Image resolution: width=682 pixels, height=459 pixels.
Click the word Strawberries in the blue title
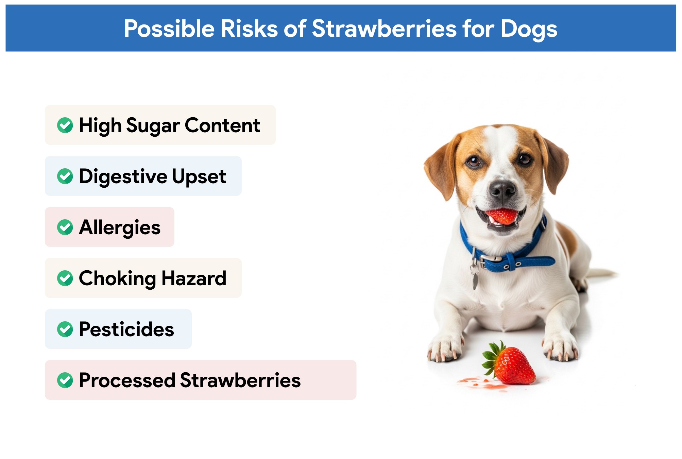[x=384, y=29]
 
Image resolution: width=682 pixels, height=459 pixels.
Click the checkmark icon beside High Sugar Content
[x=65, y=125]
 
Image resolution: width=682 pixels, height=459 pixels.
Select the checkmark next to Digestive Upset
[x=65, y=176]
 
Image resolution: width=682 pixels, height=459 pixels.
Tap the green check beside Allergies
[x=65, y=227]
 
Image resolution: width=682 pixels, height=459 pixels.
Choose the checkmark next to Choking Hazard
[x=65, y=278]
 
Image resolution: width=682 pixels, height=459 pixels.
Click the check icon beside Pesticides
[x=65, y=329]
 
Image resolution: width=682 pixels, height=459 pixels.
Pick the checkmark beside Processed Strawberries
[x=65, y=380]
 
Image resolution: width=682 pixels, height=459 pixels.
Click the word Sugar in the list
[x=153, y=126]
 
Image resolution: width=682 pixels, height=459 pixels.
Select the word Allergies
[x=120, y=227]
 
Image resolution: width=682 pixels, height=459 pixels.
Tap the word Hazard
[x=194, y=278]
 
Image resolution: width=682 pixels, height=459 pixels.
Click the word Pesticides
[x=126, y=329]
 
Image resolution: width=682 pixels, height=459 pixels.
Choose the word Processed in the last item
[x=127, y=380]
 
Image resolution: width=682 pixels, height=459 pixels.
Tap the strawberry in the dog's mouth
[x=502, y=216]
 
